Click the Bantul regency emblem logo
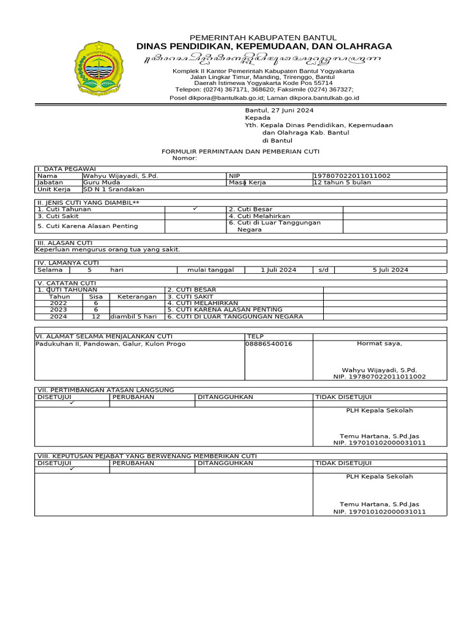tap(99, 68)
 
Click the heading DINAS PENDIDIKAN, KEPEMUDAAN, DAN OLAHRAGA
tap(264, 46)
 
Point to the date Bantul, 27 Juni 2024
tap(279, 110)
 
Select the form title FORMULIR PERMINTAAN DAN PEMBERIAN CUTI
tap(240, 151)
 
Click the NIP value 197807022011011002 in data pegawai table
tap(352, 175)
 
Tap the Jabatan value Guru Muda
tap(102, 182)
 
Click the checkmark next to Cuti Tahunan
tap(195, 209)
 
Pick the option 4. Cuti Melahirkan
tap(259, 216)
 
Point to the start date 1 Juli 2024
tap(278, 270)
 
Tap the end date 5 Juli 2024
tap(390, 270)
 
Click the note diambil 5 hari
tap(133, 317)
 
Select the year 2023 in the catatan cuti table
tap(59, 310)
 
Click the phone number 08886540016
tap(269, 344)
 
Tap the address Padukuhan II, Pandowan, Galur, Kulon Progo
tap(110, 344)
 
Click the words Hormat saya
tap(379, 344)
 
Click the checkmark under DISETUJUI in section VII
tap(72, 403)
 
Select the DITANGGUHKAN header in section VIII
tap(225, 463)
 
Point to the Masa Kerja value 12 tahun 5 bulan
tap(342, 182)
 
